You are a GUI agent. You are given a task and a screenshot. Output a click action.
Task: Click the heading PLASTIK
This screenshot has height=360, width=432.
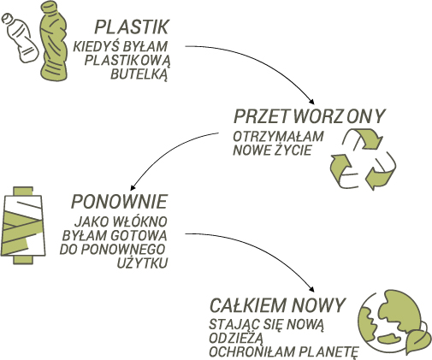[132, 27]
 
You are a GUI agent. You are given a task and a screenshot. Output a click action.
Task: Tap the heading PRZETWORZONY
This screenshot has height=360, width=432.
[310, 116]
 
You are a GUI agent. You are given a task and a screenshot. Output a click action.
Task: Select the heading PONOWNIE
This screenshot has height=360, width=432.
[119, 202]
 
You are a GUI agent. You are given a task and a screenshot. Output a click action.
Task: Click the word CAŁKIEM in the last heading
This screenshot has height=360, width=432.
[247, 305]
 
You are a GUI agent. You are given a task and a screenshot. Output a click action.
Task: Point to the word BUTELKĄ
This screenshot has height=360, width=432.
[139, 74]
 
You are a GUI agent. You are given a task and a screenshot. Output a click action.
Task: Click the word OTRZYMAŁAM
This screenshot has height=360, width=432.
[278, 137]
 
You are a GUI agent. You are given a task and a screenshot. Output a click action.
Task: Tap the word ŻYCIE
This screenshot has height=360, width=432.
[293, 150]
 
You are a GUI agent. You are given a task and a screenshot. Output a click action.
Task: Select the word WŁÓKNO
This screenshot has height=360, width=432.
[140, 221]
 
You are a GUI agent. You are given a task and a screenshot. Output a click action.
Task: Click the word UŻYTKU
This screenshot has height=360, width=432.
[142, 263]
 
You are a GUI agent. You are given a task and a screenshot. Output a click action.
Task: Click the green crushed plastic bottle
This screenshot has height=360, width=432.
[54, 41]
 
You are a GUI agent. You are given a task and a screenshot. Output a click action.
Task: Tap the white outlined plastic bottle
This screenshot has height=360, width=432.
[20, 37]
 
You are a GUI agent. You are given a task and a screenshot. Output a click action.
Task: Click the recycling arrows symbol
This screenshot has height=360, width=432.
[363, 159]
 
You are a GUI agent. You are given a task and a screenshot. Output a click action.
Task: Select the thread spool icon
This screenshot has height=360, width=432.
[23, 225]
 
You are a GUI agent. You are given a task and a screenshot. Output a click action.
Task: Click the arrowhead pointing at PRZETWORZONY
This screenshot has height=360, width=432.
[311, 102]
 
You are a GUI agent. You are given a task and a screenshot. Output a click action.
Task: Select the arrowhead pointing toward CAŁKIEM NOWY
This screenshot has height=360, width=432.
[311, 288]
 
